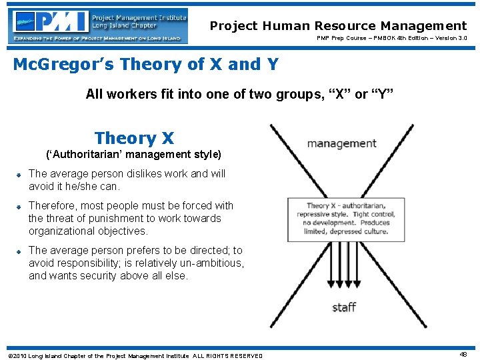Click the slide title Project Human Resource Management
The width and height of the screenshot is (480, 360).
(x=338, y=26)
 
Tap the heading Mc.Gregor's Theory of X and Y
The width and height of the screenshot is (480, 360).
(x=146, y=65)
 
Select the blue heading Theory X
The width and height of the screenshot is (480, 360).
(x=134, y=138)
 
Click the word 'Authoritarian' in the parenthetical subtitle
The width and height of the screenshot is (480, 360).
(x=85, y=155)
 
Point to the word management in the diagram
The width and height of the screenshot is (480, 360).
(x=341, y=143)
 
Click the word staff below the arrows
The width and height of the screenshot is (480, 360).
(x=344, y=307)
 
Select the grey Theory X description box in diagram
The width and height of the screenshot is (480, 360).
(x=345, y=219)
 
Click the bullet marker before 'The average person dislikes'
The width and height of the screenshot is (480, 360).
(x=20, y=175)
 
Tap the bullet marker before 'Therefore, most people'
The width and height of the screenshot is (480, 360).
(x=20, y=207)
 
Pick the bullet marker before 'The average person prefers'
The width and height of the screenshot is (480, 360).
(x=20, y=251)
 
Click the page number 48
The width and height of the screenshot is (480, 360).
(x=463, y=355)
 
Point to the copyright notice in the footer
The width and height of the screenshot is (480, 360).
(x=134, y=355)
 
